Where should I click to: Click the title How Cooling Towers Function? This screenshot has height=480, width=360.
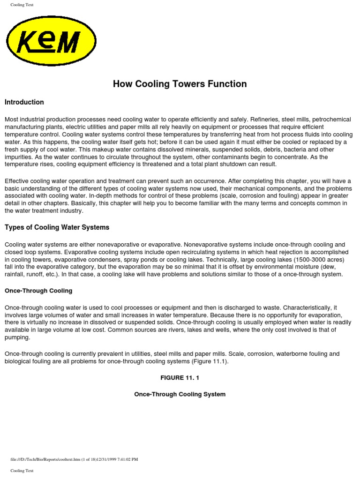click(x=180, y=84)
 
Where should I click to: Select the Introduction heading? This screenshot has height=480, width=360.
click(x=24, y=102)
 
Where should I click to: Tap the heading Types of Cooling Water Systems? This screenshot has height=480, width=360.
click(x=57, y=227)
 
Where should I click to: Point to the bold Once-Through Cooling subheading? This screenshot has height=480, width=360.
click(x=38, y=291)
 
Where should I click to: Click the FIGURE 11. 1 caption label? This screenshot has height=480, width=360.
click(x=180, y=378)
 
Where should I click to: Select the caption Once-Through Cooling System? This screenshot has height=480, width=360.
click(x=180, y=394)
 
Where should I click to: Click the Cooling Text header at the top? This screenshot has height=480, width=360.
click(x=22, y=5)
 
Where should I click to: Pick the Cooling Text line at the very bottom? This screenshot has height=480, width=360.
click(x=22, y=470)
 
